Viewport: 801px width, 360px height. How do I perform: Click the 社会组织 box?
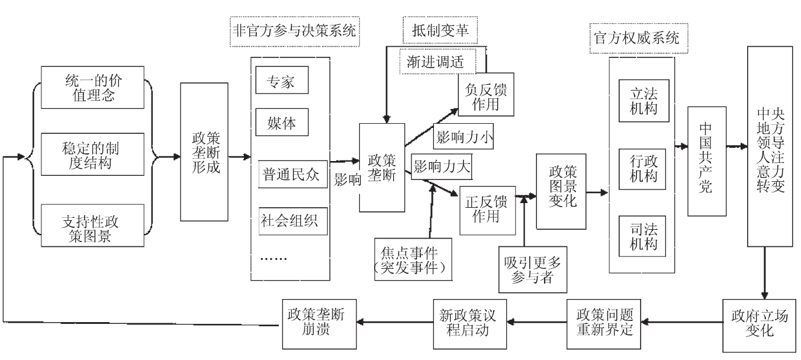point(289,220)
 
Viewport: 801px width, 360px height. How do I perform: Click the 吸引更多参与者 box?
point(529,269)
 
